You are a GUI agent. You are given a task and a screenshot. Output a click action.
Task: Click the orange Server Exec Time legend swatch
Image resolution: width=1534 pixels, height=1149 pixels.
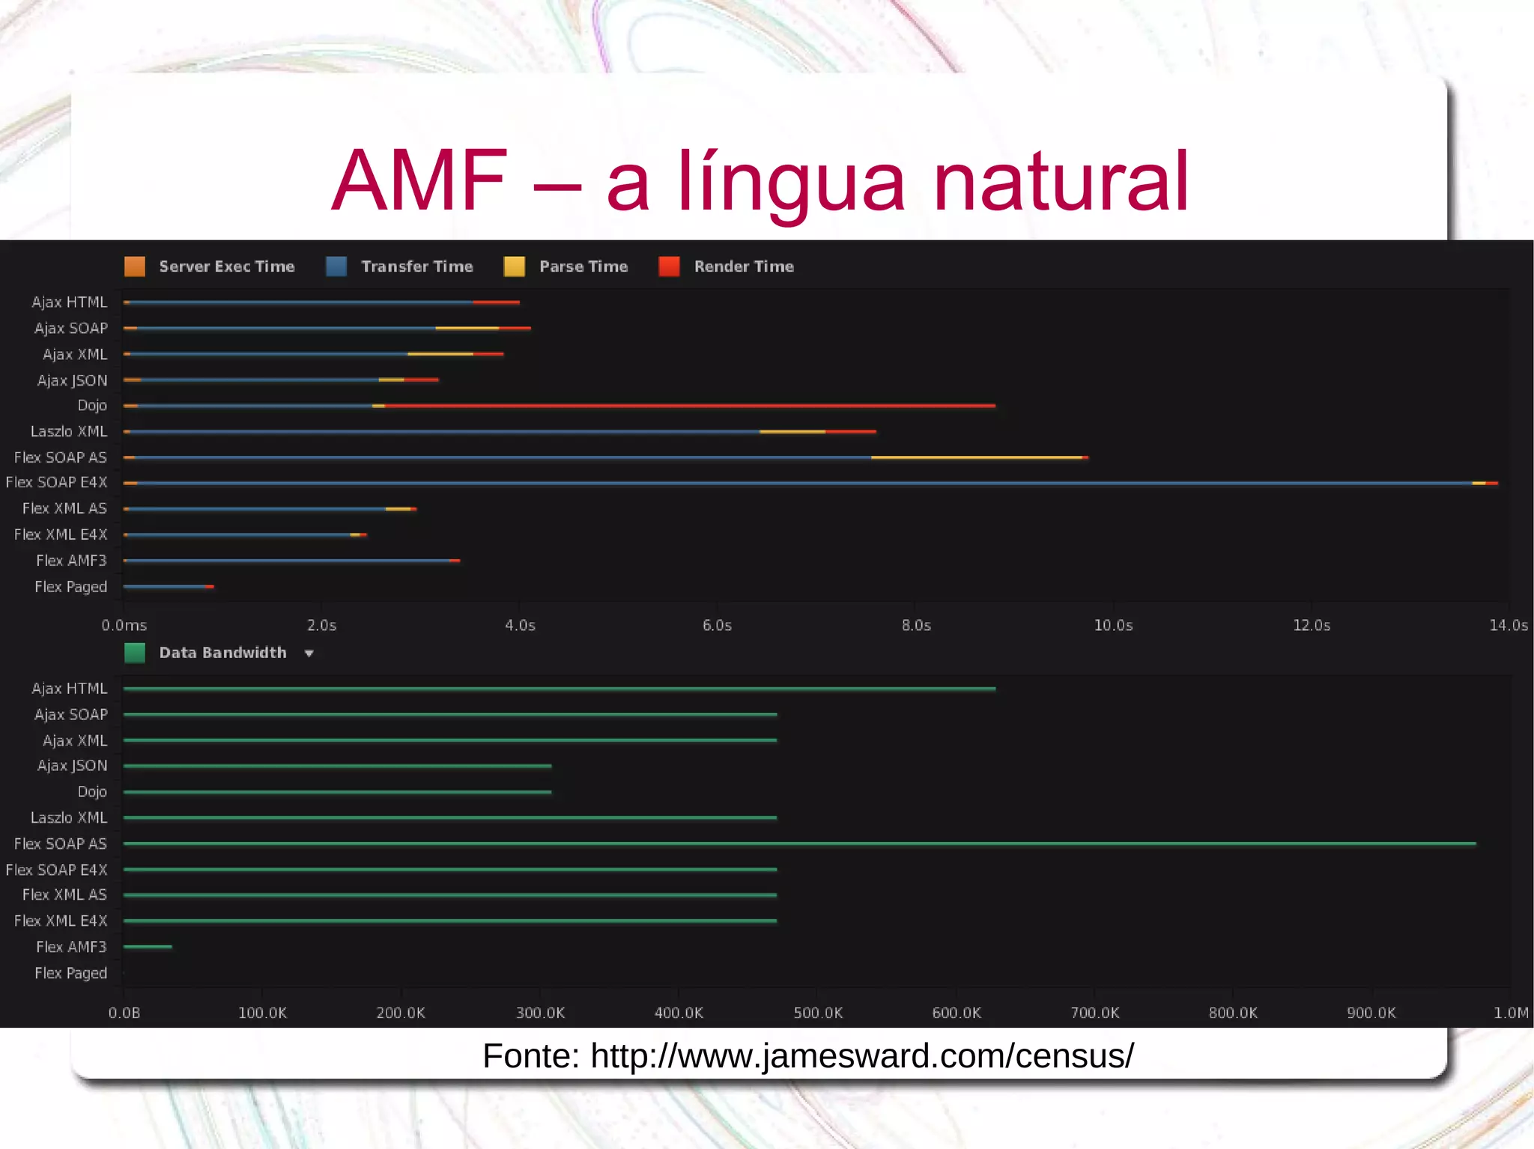pyautogui.click(x=135, y=266)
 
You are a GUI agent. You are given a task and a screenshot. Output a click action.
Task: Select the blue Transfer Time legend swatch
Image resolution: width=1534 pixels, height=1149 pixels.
pyautogui.click(x=336, y=266)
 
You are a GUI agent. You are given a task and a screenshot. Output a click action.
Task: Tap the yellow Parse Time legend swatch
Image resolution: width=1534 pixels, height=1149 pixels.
pyautogui.click(x=515, y=266)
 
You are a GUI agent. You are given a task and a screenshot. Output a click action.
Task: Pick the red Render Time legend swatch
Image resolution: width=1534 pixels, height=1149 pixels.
pyautogui.click(x=669, y=266)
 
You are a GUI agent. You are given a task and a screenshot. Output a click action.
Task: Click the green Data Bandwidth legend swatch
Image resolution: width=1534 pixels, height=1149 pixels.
pyautogui.click(x=135, y=653)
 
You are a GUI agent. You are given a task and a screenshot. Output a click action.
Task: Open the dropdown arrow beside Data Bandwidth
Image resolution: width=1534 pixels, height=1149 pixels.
pyautogui.click(x=309, y=653)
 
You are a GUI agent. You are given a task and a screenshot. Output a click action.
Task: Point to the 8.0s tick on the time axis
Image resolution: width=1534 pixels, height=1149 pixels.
pyautogui.click(x=916, y=625)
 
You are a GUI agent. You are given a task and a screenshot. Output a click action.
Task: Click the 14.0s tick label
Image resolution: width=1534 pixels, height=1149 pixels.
pyautogui.click(x=1508, y=625)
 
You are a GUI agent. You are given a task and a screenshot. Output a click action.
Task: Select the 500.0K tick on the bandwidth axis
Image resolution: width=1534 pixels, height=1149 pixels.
pyautogui.click(x=818, y=1013)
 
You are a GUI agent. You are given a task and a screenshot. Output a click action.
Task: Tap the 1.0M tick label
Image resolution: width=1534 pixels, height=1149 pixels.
pyautogui.click(x=1510, y=1013)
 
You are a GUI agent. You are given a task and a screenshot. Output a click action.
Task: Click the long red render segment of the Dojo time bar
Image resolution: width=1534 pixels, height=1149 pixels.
pyautogui.click(x=689, y=406)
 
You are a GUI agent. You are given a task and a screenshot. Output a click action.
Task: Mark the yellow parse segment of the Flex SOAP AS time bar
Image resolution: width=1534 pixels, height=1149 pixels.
pyautogui.click(x=977, y=457)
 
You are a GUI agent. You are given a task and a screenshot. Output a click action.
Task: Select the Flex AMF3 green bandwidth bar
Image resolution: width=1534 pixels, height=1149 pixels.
pyautogui.click(x=148, y=947)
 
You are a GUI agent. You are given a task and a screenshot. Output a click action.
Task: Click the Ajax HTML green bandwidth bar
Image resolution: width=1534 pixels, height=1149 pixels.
pyautogui.click(x=559, y=689)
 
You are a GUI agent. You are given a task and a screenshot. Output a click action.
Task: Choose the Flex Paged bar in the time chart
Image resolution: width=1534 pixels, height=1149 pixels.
pyautogui.click(x=168, y=587)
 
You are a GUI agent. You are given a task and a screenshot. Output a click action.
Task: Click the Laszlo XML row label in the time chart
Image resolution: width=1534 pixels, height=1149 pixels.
pyautogui.click(x=69, y=431)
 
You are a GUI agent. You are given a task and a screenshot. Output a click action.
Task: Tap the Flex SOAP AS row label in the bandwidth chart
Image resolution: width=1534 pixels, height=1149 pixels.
pyautogui.click(x=61, y=844)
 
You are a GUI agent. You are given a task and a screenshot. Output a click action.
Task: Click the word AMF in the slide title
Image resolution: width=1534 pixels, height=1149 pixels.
pyautogui.click(x=419, y=181)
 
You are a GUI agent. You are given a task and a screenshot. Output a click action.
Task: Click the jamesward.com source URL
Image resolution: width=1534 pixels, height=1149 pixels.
pyautogui.click(x=861, y=1056)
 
